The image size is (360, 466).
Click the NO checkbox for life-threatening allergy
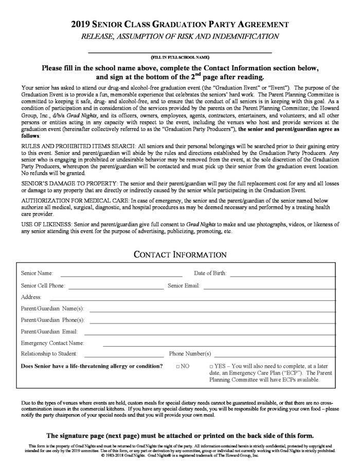(x=177, y=366)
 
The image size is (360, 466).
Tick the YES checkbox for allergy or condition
(x=211, y=366)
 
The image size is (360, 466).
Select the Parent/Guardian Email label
(x=49, y=331)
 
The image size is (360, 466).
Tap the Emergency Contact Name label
(x=52, y=343)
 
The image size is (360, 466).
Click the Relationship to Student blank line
(x=123, y=355)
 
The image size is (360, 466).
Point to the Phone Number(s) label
(x=190, y=354)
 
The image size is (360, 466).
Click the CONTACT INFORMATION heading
(x=180, y=255)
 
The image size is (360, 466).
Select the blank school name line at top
(x=180, y=52)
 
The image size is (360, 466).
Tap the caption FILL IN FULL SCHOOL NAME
(x=180, y=57)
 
